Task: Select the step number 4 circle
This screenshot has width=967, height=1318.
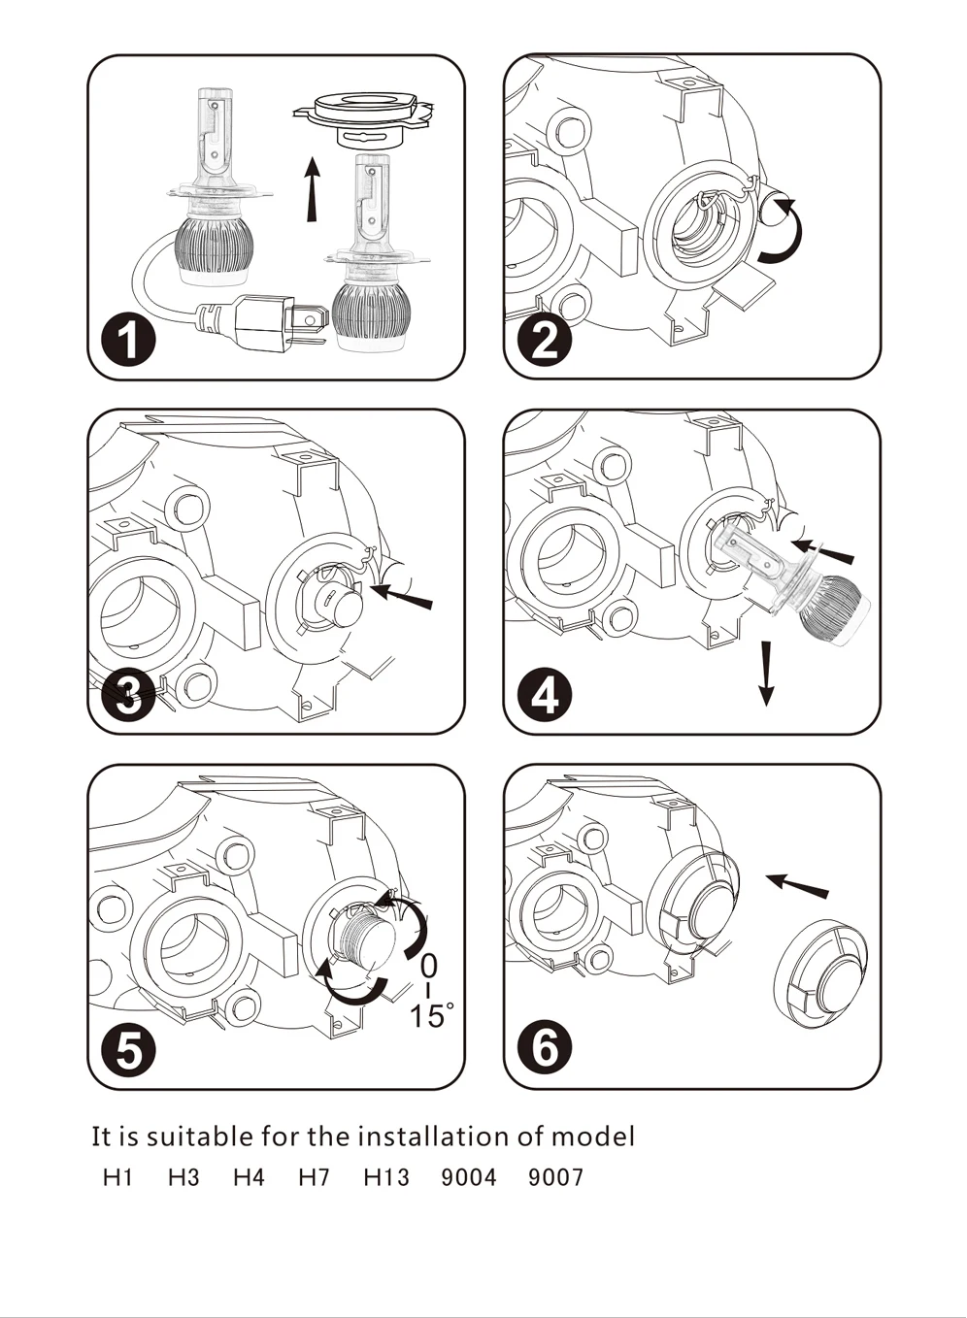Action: (x=545, y=696)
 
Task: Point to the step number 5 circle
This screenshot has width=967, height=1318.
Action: (x=129, y=1050)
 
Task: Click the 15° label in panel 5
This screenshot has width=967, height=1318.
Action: (x=430, y=1016)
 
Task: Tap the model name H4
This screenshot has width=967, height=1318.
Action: (x=249, y=1177)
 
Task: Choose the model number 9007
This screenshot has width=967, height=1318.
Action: (x=555, y=1177)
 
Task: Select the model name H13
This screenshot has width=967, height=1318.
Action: (x=386, y=1177)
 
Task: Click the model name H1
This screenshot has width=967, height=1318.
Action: (x=117, y=1177)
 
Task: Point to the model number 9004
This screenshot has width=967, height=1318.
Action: (x=469, y=1177)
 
